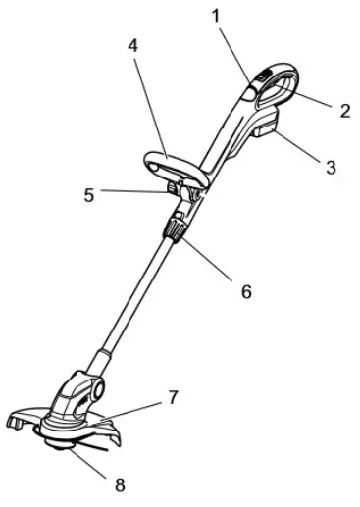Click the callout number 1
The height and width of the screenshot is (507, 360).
[218, 17]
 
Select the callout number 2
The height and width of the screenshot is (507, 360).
[344, 111]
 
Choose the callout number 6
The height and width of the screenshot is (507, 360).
[246, 290]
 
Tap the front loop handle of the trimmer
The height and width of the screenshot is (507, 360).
[178, 162]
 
